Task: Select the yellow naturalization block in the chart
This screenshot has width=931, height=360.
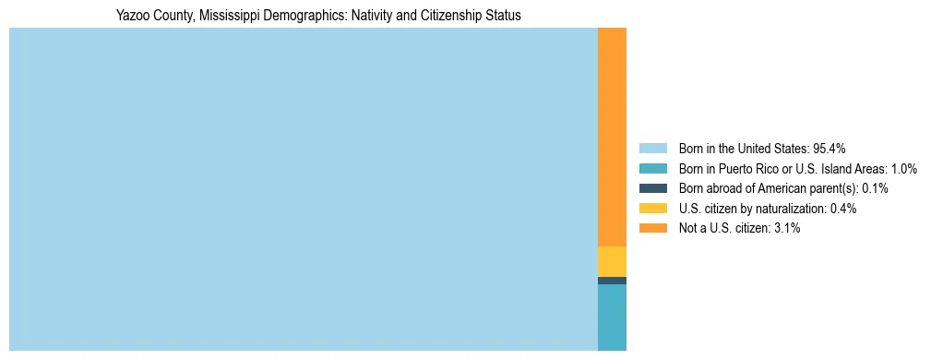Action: [612, 261]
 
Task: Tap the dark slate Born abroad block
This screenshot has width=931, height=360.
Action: [612, 281]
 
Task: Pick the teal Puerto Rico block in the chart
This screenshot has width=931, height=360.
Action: [612, 317]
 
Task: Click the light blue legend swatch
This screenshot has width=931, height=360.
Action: [652, 149]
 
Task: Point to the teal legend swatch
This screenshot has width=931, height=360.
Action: [652, 169]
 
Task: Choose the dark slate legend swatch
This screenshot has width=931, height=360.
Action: [652, 188]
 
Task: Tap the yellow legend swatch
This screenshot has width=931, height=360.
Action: [652, 209]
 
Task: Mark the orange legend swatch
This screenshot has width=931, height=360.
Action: [652, 228]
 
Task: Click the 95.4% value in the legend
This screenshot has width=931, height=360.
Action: [830, 149]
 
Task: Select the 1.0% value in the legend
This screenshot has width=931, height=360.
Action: [903, 169]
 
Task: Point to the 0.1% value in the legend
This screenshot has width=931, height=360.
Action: [875, 188]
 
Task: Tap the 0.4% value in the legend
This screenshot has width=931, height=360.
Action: [843, 209]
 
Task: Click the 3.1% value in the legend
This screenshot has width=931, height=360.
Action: [787, 228]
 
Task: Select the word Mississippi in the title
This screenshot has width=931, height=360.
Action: [221, 16]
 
